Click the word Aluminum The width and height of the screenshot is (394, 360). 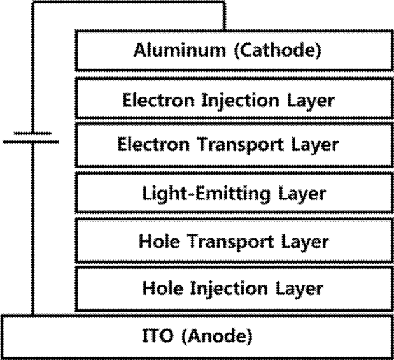[x=179, y=50]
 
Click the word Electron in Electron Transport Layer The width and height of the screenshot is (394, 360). [x=153, y=145]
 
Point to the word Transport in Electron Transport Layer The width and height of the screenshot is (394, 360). [x=241, y=146]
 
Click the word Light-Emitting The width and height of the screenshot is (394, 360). [x=206, y=194]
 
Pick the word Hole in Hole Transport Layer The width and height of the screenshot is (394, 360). [x=159, y=241]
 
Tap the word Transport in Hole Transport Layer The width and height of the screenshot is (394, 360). [x=230, y=243]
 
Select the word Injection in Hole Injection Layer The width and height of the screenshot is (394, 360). [x=229, y=289]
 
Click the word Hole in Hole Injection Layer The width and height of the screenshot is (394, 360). [x=162, y=288]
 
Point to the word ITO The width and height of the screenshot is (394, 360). [x=158, y=335]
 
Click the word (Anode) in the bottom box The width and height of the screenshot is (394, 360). [x=216, y=336]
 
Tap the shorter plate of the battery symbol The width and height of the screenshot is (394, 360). [x=32, y=133]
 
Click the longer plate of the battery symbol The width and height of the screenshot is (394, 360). [x=31, y=142]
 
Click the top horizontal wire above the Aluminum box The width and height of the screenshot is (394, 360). [x=129, y=3]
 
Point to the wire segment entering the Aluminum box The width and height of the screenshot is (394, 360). [x=224, y=17]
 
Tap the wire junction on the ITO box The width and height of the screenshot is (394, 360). [x=32, y=315]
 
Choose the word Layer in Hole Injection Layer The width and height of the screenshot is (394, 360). [x=300, y=289]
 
